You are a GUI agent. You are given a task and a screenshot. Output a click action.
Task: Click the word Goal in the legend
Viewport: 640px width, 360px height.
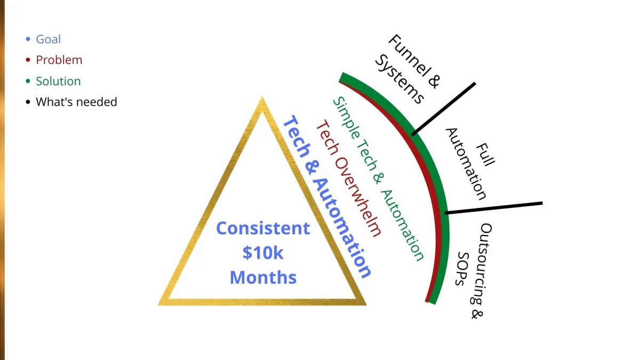coord(48,39)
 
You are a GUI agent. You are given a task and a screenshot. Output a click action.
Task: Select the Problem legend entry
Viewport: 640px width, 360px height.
coord(59,60)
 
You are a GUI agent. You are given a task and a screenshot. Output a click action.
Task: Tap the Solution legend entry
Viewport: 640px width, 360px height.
coord(58,82)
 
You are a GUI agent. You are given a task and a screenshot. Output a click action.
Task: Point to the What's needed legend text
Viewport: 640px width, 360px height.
coord(76,102)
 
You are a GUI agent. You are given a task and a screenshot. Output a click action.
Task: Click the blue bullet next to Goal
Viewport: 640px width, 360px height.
coord(28,39)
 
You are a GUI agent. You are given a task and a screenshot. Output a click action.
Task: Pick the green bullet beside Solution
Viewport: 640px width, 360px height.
coord(28,82)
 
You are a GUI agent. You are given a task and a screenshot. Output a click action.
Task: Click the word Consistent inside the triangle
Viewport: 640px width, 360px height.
coord(262,228)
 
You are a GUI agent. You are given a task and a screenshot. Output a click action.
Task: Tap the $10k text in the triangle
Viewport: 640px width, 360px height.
coord(262,253)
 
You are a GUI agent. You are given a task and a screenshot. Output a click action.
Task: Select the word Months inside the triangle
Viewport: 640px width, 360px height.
coord(262,277)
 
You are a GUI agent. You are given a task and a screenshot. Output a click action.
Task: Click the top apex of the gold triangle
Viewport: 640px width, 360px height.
coord(262,100)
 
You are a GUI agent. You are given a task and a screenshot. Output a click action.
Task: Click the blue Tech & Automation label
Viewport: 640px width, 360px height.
coord(326,197)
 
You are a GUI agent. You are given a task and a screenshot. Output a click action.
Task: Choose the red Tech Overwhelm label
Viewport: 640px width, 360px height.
coord(349,179)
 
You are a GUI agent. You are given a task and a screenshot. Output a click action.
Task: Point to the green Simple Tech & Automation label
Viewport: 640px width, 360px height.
coord(378,179)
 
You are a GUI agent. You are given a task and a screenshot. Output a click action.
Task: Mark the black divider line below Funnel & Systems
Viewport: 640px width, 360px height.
coord(444,108)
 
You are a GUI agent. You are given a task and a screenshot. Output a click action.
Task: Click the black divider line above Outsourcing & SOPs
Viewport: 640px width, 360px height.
coord(494,207)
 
